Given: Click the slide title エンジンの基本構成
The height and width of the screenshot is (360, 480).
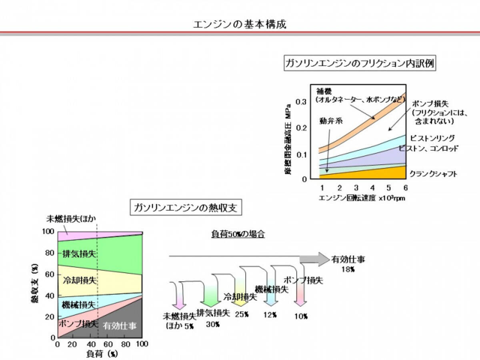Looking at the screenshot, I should pos(240,24).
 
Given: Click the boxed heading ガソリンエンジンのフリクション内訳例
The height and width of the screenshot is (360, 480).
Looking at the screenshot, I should pos(360,64).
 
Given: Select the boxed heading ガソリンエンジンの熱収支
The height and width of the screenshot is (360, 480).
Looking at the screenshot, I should pos(188,208).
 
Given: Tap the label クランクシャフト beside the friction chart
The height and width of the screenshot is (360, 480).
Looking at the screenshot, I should pos(433,174).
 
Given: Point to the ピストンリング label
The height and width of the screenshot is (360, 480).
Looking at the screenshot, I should pos(432,138).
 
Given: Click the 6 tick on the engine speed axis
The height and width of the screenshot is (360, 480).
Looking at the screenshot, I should pos(405,188).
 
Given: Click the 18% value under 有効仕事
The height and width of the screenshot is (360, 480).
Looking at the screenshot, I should pos(348,270).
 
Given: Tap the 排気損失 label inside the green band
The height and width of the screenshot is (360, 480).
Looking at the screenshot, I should pos(79,253).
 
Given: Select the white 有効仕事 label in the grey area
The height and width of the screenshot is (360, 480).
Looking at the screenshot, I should pos(120,326).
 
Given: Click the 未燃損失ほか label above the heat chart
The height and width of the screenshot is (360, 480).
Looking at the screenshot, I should pos(72,219).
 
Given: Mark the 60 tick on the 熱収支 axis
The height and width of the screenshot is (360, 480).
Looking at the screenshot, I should pos(49,274).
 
